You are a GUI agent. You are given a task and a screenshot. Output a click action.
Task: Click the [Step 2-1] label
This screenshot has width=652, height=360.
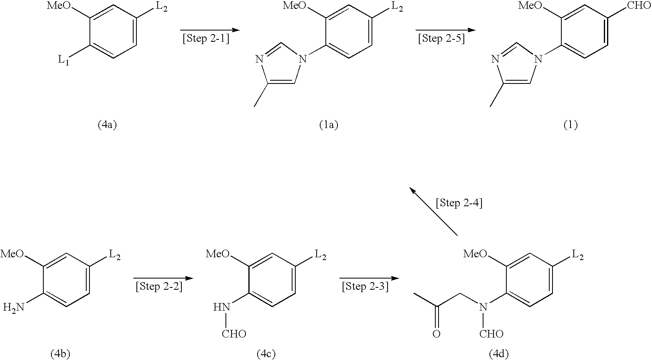206,39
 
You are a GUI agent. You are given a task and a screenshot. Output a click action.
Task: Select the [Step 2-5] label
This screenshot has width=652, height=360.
442,39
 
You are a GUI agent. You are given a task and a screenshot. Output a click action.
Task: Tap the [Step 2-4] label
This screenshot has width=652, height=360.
459,203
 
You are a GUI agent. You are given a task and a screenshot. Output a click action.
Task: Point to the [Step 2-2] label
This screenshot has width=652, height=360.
159,287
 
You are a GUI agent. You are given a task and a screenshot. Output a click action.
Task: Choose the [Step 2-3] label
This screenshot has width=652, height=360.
365,287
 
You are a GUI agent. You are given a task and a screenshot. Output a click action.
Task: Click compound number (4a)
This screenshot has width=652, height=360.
107,125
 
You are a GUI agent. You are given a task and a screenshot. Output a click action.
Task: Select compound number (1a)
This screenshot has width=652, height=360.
329,125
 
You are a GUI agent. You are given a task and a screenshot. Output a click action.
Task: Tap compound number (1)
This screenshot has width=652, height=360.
571,125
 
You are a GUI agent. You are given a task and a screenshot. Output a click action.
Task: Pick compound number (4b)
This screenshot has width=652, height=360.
61,354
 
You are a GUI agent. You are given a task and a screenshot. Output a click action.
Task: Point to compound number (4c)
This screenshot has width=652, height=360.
266,354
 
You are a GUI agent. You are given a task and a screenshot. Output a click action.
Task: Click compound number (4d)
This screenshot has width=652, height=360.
499,354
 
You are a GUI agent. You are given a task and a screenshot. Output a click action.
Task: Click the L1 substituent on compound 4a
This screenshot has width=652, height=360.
64,60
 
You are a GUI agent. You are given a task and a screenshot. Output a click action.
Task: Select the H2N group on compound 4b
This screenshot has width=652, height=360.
14,308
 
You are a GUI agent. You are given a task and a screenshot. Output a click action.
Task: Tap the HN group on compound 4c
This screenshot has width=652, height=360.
221,307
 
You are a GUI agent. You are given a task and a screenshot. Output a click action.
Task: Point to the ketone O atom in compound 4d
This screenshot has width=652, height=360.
436,334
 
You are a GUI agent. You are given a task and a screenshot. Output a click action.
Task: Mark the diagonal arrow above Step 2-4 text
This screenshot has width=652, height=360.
433,211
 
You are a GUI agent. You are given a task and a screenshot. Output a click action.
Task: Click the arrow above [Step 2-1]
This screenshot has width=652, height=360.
210,30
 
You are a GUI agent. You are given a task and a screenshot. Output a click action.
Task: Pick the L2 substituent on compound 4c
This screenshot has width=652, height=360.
321,255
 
